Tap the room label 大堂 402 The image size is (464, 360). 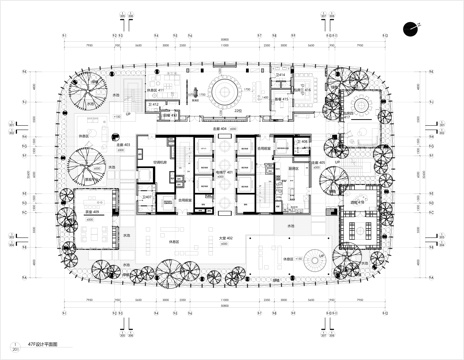(225, 236)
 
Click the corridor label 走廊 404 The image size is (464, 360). (222, 129)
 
